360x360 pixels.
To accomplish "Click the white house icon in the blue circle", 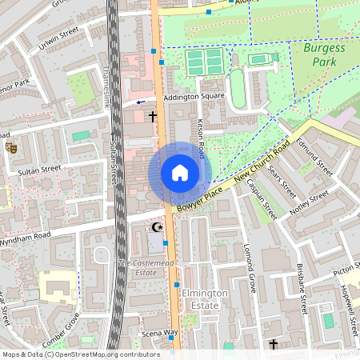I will [179, 172].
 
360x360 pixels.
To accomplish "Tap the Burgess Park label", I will [324, 54].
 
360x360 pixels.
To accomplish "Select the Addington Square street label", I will [194, 98].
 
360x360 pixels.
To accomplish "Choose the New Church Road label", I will [263, 165].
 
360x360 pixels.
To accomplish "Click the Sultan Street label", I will [39, 170].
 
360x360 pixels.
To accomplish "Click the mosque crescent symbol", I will [158, 228].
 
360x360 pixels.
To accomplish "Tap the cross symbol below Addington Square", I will [152, 117].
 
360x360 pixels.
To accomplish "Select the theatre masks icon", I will [11, 147].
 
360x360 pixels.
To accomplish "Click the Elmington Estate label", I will [205, 298].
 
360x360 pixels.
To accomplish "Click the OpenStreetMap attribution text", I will [81, 354].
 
